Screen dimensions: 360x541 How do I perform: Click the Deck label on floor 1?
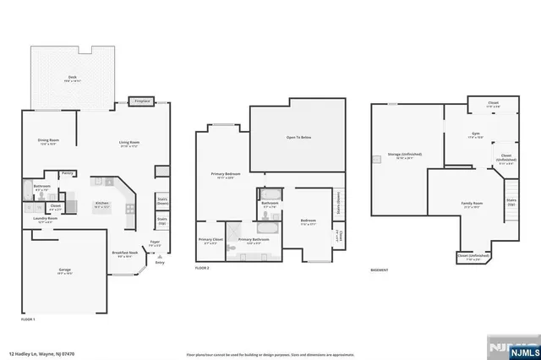pos(73,77)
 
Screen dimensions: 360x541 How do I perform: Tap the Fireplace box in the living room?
pos(142,101)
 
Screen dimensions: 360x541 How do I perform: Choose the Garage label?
pos(64,270)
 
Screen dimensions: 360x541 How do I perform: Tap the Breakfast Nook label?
pos(127,253)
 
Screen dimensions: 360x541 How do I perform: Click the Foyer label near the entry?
pos(155,243)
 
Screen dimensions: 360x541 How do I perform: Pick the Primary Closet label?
pos(211,240)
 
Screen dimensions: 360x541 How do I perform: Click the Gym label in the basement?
pos(475,134)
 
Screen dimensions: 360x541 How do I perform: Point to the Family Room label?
pos(472,204)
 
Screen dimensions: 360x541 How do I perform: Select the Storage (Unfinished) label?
pos(405,155)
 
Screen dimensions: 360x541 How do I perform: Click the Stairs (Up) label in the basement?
pos(511,203)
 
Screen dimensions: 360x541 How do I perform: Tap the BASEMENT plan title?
pos(380,270)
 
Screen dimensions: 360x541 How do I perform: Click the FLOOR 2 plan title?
pos(201,268)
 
